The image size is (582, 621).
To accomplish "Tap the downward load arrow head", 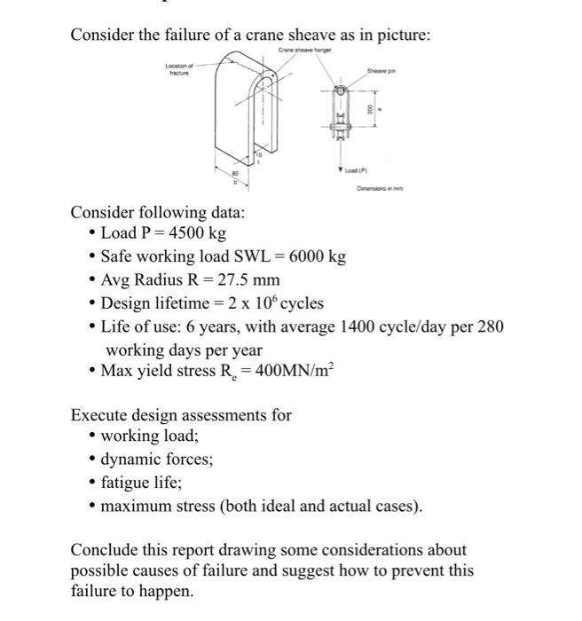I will [x=341, y=169].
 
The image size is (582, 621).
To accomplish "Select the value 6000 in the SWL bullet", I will [x=300, y=257].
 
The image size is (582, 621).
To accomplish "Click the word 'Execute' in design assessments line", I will [x=100, y=414].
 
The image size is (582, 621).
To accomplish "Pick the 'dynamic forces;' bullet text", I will [x=156, y=460].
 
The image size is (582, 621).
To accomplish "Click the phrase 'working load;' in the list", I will [x=150, y=437].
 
